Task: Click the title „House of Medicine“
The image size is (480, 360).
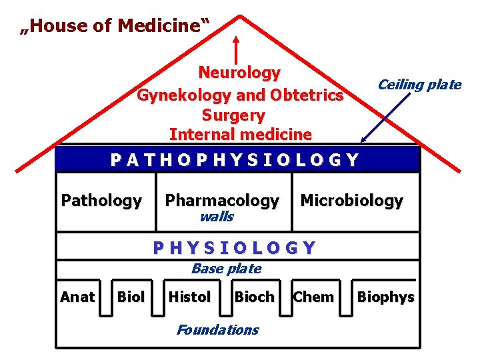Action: (115, 26)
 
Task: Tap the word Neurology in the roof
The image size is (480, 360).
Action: (239, 72)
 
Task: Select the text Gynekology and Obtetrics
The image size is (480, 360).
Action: (239, 95)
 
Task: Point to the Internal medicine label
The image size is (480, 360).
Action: (240, 134)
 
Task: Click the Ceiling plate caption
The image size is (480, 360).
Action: (419, 85)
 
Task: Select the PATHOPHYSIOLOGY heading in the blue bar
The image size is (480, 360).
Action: (235, 160)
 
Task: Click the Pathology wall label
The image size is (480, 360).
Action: (101, 200)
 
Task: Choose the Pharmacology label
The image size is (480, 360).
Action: (222, 200)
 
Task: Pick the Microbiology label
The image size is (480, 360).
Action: (351, 200)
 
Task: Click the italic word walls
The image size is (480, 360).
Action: (217, 217)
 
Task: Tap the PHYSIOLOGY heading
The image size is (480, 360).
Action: (234, 248)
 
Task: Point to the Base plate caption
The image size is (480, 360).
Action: (226, 269)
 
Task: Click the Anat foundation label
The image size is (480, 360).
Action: (77, 297)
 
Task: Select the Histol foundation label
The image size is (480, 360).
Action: (189, 297)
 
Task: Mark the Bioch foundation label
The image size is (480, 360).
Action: (254, 297)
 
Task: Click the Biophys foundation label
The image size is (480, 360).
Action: (386, 297)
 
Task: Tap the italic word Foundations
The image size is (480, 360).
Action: (217, 329)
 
